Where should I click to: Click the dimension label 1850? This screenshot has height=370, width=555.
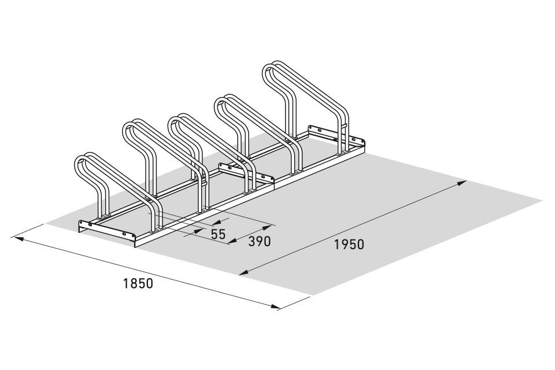[x=138, y=283]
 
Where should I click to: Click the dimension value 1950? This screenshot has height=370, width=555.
[x=349, y=245]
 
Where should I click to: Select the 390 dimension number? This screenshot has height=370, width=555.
[x=260, y=241]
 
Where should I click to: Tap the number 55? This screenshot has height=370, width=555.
[x=218, y=234]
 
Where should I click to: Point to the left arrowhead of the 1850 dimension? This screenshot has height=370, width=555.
[x=18, y=239]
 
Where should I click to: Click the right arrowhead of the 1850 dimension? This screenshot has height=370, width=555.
[x=274, y=306]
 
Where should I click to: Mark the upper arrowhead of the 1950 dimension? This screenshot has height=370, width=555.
[x=461, y=183]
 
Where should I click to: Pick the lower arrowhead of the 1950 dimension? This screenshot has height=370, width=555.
[x=244, y=272]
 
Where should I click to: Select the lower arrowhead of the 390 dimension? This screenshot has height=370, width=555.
[x=232, y=241]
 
